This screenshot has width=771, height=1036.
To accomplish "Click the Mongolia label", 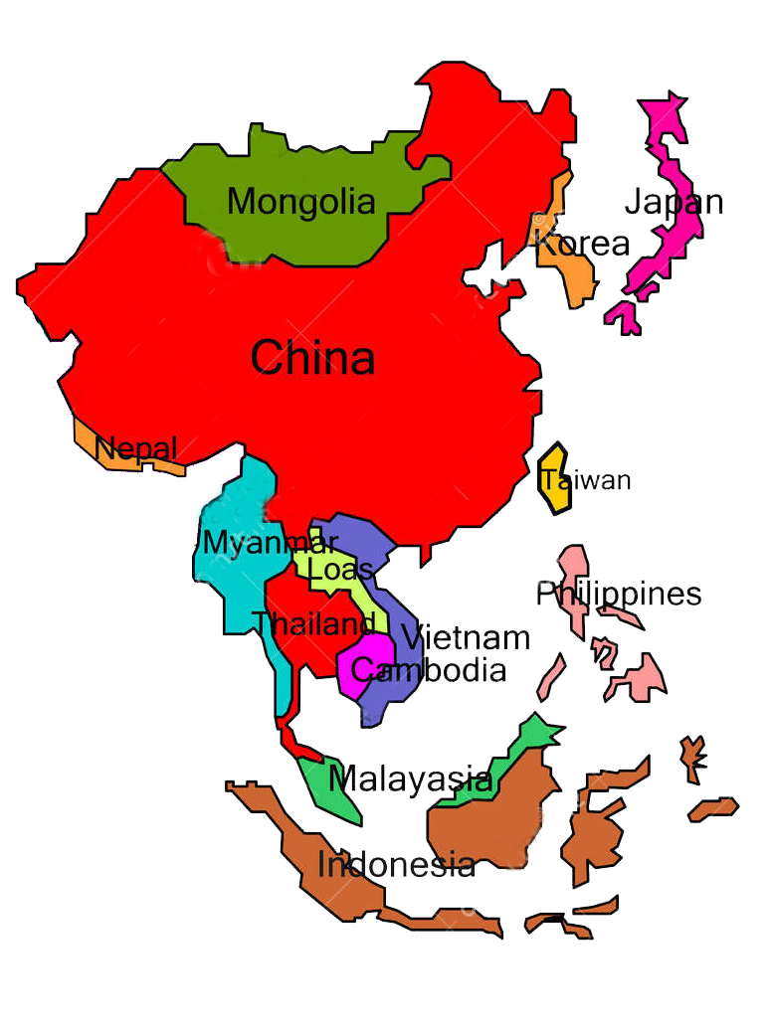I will pyautogui.click(x=301, y=202).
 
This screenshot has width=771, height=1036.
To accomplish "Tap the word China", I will pyautogui.click(x=312, y=358).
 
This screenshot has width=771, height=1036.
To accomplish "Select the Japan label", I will pyautogui.click(x=674, y=202).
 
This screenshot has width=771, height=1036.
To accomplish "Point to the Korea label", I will pyautogui.click(x=582, y=244).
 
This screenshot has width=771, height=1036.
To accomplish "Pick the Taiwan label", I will pyautogui.click(x=586, y=480).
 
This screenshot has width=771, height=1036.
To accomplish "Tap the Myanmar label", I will pyautogui.click(x=270, y=544).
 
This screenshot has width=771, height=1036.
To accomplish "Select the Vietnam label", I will pyautogui.click(x=465, y=637).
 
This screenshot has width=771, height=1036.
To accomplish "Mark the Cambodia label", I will pyautogui.click(x=429, y=670).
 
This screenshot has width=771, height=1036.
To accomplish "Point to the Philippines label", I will pyautogui.click(x=619, y=595).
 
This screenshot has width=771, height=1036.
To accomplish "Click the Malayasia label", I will pyautogui.click(x=410, y=779).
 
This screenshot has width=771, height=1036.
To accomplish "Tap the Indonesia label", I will pyautogui.click(x=396, y=865).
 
